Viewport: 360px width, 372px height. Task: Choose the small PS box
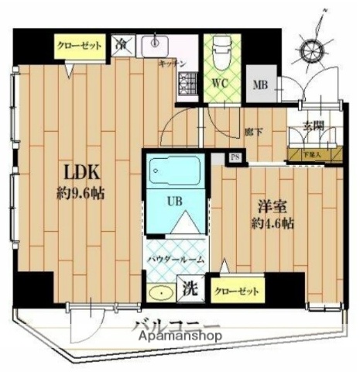point(235,159)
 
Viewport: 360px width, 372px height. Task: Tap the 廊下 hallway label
point(253,132)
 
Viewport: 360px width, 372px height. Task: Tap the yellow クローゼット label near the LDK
point(81,45)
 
